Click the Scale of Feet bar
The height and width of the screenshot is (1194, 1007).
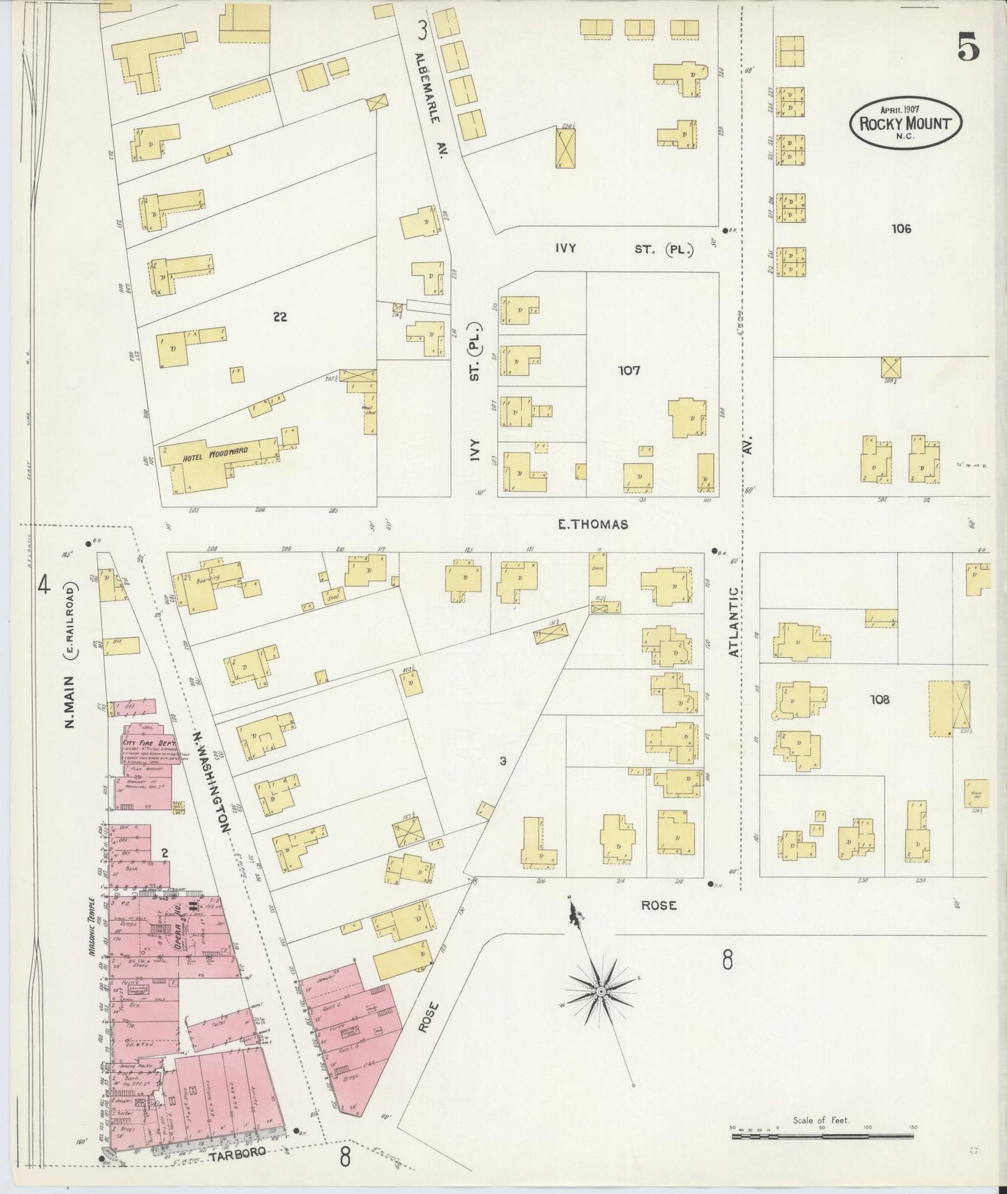tap(822, 1136)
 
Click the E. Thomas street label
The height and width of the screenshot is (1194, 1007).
tap(592, 525)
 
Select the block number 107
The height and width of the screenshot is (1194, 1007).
tap(629, 371)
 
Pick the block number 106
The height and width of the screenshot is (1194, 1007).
tap(900, 228)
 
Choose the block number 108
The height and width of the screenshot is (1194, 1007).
tap(879, 699)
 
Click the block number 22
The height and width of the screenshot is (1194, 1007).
tap(279, 317)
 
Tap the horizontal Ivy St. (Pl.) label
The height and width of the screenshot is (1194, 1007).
tap(624, 249)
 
